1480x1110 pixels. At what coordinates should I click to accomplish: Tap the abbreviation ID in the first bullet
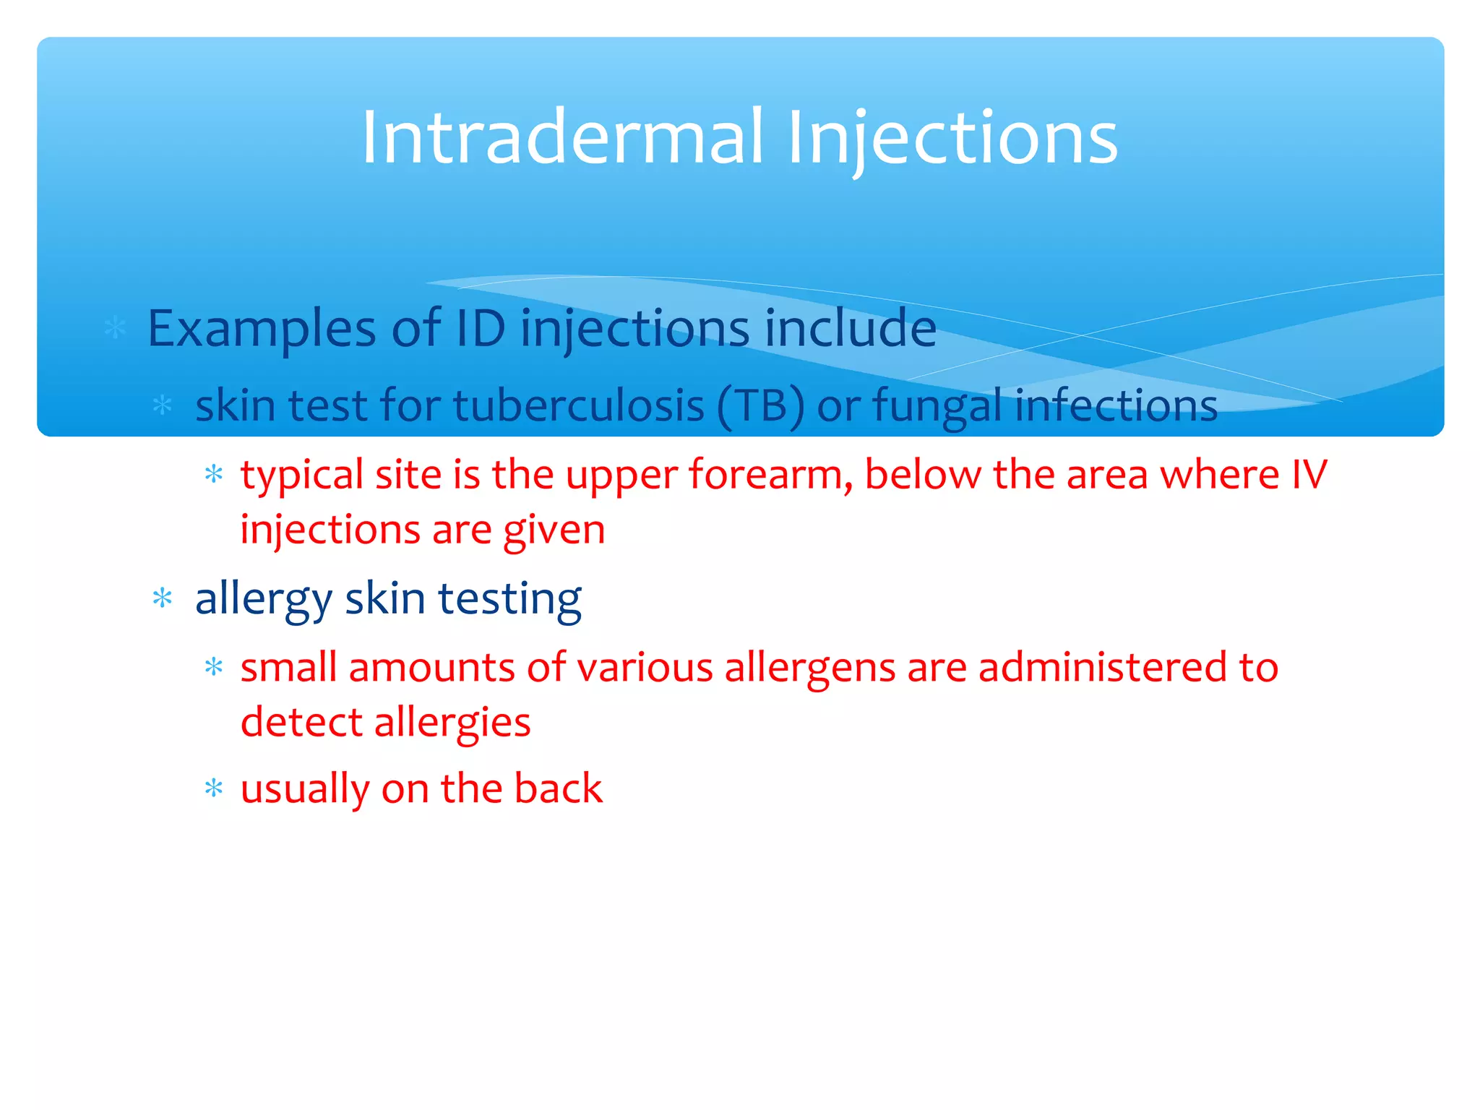481,329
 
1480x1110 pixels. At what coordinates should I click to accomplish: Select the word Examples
261,329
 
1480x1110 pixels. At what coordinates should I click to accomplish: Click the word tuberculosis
579,405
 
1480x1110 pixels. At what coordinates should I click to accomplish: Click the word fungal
938,405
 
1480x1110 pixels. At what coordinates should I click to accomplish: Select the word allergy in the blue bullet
263,600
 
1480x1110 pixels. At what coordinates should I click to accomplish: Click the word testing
509,600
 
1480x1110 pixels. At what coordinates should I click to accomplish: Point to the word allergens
810,667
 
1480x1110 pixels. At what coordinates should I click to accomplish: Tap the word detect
301,722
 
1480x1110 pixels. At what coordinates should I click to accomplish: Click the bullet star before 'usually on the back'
214,788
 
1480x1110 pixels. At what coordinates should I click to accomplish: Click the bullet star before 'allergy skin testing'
163,598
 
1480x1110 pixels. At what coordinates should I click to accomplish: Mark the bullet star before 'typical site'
214,475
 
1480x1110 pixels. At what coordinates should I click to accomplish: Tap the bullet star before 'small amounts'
214,666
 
